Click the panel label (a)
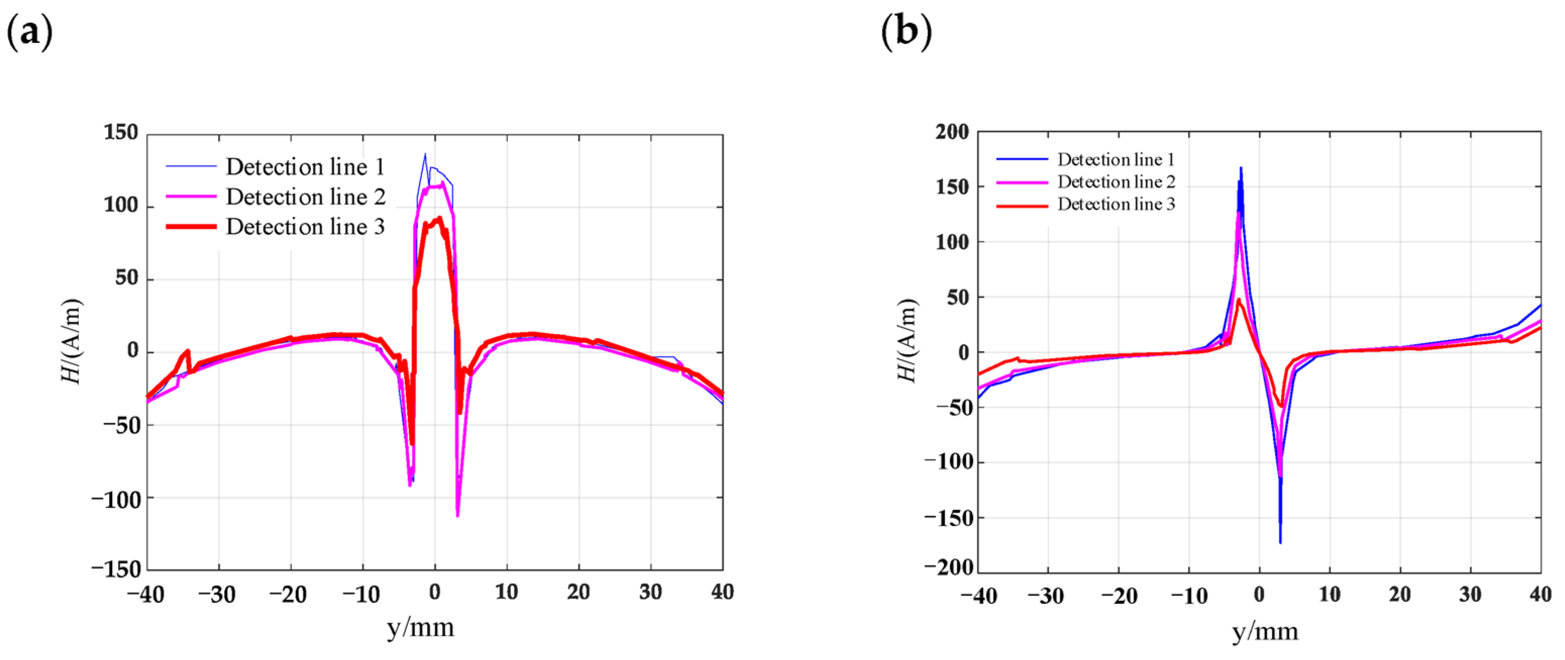29,32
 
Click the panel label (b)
906,32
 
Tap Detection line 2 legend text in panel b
1116,182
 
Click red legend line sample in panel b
1022,206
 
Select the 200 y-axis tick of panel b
952,132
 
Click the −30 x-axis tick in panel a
217,594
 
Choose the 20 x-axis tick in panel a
578,592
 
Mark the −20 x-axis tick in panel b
1119,595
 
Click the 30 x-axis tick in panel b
1470,594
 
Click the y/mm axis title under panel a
420,627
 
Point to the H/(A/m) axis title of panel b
906,340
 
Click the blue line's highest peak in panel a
425,155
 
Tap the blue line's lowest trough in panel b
1280,542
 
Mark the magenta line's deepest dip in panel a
457,516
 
